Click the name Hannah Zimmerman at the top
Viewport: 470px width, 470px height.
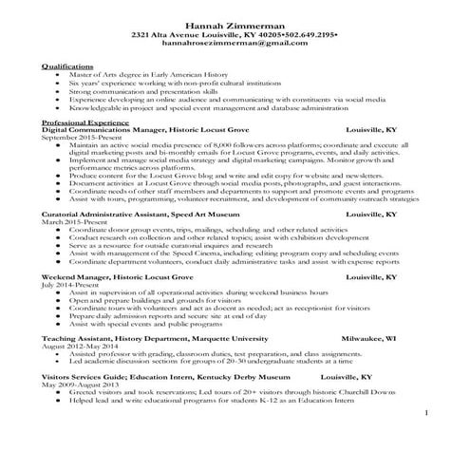(x=235, y=23)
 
